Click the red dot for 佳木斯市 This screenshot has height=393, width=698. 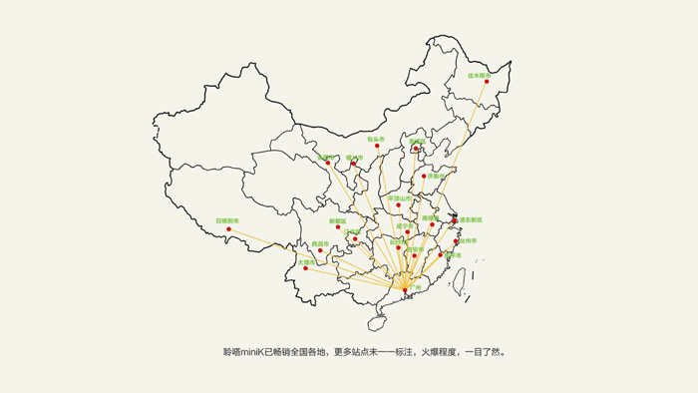(x=488, y=82)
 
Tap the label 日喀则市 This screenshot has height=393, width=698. (x=227, y=220)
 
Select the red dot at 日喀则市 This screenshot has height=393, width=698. (x=228, y=229)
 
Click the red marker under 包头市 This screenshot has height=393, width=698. (x=377, y=147)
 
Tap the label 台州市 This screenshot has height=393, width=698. (x=468, y=240)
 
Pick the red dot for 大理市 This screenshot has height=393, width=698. (x=305, y=268)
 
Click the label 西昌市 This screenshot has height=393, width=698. (x=320, y=243)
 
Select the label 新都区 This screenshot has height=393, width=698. (x=338, y=220)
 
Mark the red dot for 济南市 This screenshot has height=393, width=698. (x=424, y=177)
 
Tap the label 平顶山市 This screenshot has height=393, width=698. (x=400, y=197)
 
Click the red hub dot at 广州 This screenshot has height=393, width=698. (x=406, y=290)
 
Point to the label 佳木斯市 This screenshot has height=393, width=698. (x=480, y=74)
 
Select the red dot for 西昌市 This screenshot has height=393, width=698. (x=320, y=250)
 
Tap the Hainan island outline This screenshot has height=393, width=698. (x=377, y=321)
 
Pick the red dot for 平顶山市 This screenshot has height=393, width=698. (x=399, y=205)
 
